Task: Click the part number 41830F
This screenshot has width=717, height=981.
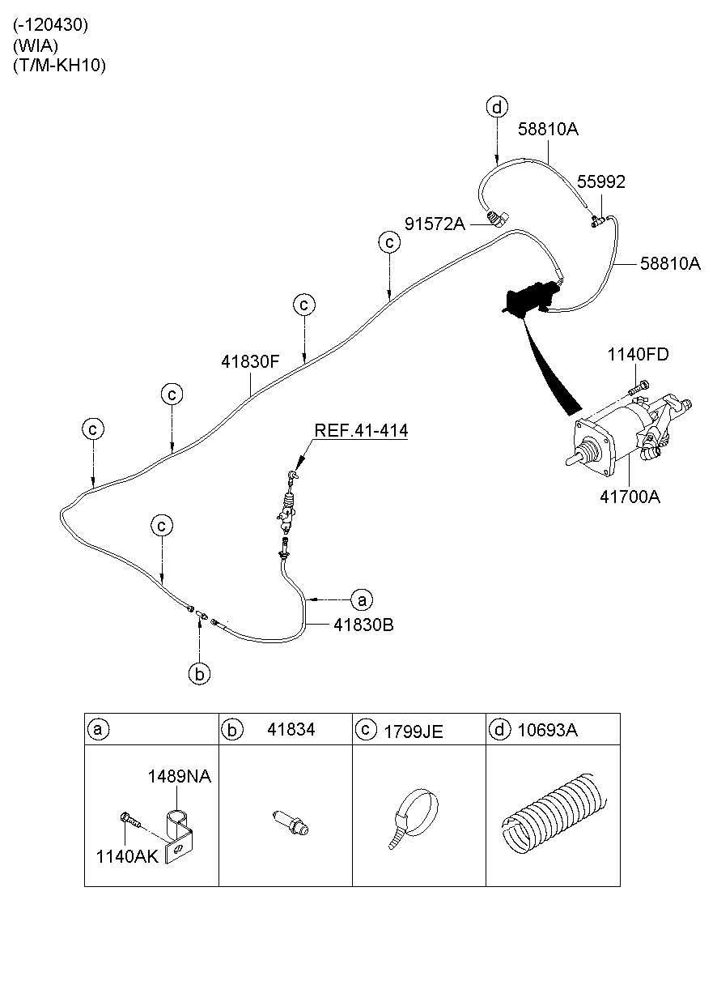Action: tap(250, 362)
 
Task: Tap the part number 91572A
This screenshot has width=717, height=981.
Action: tap(435, 224)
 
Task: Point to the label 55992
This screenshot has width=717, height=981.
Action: tap(600, 182)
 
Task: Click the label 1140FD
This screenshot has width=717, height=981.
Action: tap(639, 354)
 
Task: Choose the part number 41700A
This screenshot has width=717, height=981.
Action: tap(630, 497)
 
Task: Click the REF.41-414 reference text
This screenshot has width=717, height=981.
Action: tap(361, 430)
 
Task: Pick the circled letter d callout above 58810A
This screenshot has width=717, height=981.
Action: tap(497, 106)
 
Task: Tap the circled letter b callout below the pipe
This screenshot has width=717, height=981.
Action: tap(200, 672)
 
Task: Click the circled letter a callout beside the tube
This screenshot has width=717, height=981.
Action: tap(361, 599)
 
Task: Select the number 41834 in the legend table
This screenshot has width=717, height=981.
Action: tap(291, 730)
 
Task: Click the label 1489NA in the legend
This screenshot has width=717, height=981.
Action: tap(179, 777)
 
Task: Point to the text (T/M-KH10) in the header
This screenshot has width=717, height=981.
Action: tap(59, 66)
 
